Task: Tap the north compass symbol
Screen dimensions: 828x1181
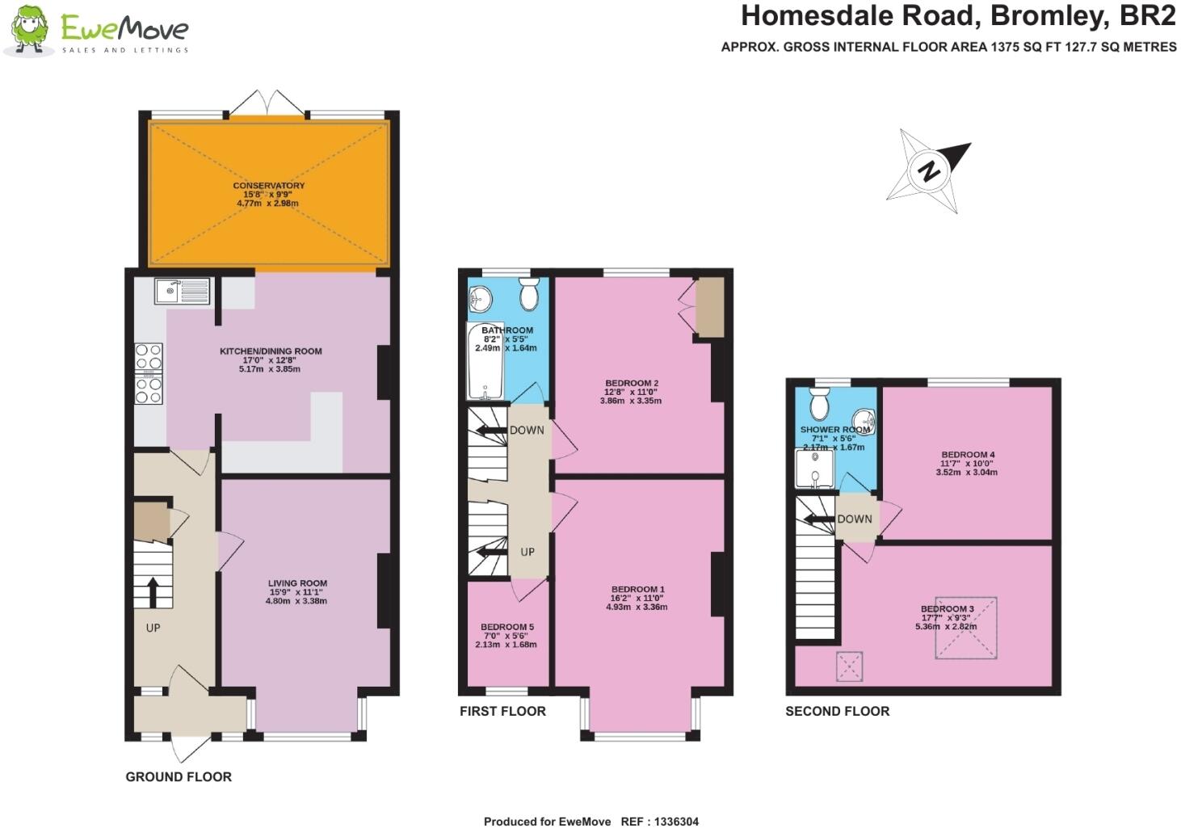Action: click(929, 170)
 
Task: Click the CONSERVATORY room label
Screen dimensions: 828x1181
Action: click(269, 186)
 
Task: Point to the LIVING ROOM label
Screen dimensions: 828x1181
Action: click(297, 583)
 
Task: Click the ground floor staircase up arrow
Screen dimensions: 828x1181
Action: click(152, 591)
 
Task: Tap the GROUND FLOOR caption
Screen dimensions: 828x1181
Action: click(179, 777)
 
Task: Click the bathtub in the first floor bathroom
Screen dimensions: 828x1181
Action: click(485, 362)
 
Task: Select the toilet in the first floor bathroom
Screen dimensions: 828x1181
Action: click(530, 296)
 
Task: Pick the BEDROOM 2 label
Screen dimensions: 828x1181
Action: click(632, 383)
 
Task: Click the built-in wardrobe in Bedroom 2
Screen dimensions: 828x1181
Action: click(709, 307)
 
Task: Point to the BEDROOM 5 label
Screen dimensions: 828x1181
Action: click(507, 627)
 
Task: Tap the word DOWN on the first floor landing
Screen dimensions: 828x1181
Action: click(527, 431)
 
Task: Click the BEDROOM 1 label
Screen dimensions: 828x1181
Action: click(638, 590)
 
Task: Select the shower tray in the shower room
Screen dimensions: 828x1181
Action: click(814, 468)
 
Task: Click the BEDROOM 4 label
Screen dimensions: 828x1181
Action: click(968, 455)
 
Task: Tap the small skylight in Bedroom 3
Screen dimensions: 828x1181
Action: click(849, 667)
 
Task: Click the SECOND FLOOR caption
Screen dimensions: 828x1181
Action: click(837, 712)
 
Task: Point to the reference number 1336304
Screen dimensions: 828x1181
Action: click(671, 822)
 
